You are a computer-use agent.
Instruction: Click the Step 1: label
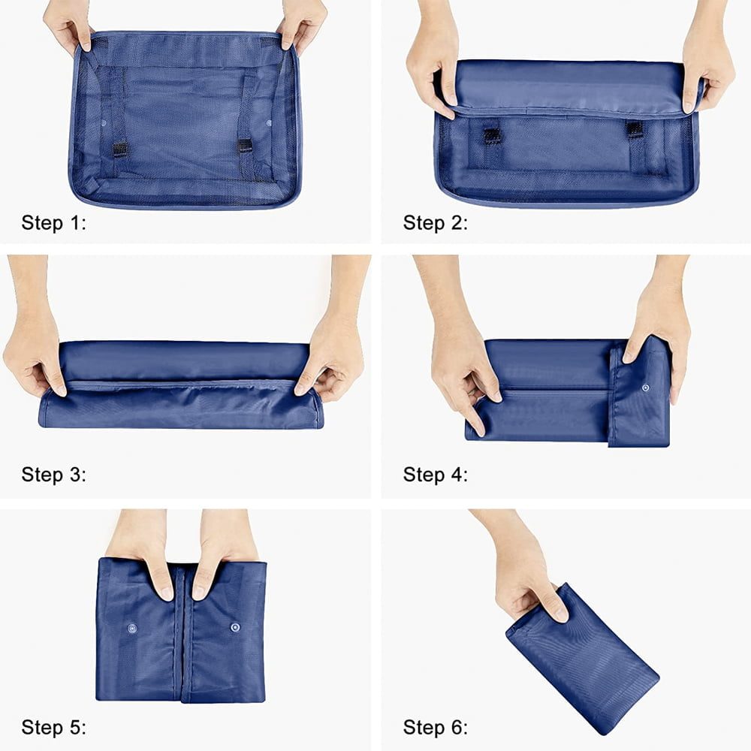coord(53,223)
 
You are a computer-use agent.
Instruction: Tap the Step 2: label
coord(436,223)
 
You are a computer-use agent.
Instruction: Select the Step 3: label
coord(53,475)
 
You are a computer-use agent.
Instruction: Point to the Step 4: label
coord(436,475)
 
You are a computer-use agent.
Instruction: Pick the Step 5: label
coord(53,727)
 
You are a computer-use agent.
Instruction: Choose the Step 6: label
coord(436,727)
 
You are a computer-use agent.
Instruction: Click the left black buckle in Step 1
coord(120,149)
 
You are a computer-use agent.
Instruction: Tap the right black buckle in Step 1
coord(246,146)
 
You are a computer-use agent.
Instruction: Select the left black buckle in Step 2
coord(492,135)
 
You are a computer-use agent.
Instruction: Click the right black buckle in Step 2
coord(635,129)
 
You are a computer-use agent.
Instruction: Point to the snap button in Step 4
coord(646,388)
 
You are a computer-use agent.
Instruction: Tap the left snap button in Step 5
coord(131,628)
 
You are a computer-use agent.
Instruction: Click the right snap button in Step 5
coord(235,627)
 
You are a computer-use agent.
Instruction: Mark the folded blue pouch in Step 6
coord(583,659)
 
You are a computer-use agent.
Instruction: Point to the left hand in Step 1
coord(67,24)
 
